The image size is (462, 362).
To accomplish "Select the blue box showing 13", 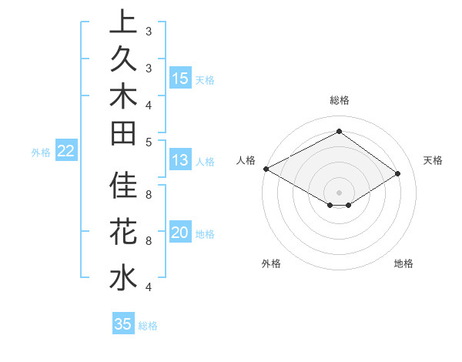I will [x=180, y=161].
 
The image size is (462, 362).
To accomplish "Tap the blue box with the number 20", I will [x=180, y=233].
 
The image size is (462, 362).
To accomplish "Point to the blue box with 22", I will [x=66, y=152].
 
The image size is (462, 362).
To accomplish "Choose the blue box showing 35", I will [x=123, y=324].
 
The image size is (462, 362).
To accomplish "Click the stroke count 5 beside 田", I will [x=148, y=142].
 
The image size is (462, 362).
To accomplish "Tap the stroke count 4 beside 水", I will [x=148, y=287].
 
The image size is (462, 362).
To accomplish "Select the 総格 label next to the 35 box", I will [x=148, y=326].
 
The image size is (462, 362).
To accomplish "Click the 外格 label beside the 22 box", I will [x=41, y=153].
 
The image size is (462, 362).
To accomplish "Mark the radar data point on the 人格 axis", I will [x=266, y=169].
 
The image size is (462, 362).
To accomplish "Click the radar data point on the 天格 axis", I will [x=398, y=174].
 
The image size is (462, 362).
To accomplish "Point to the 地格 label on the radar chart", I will [x=403, y=264].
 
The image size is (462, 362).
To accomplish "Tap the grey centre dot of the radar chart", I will [x=339, y=192].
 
